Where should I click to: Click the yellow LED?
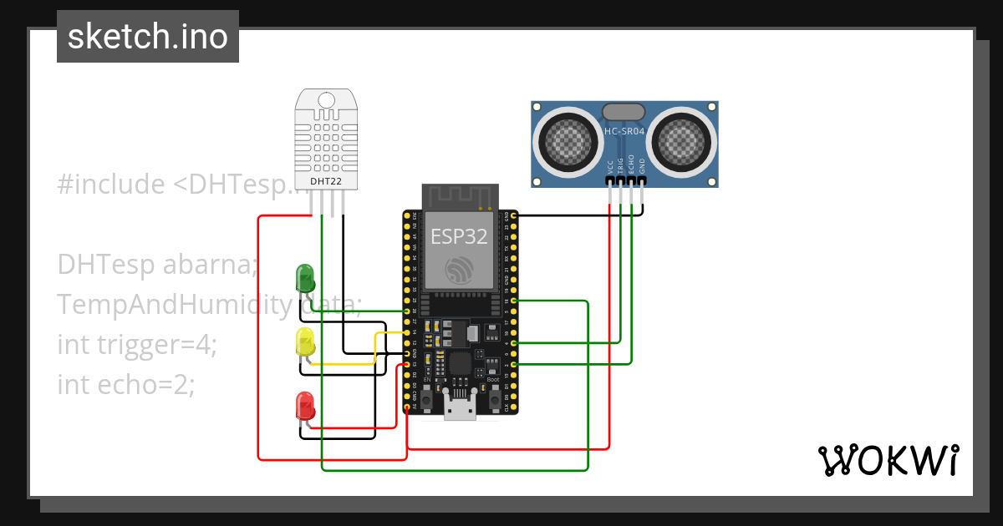(x=305, y=341)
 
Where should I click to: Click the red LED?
(x=305, y=405)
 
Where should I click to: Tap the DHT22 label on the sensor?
(x=325, y=180)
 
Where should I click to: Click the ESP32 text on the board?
(x=458, y=236)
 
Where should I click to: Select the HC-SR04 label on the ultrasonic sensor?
(x=624, y=131)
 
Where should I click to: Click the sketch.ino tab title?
(x=148, y=37)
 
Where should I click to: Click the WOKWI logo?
(x=887, y=460)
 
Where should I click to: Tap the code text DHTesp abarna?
(x=157, y=265)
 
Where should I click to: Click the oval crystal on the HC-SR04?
(x=624, y=110)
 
